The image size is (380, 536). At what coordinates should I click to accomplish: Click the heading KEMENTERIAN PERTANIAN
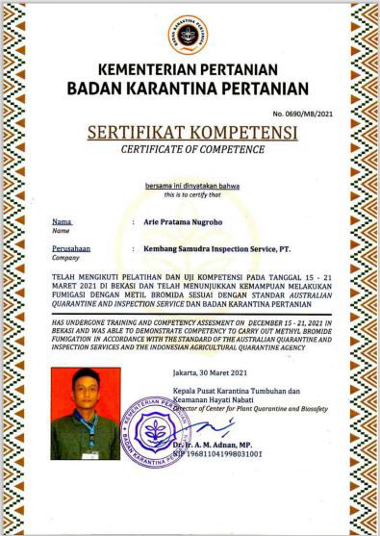190,70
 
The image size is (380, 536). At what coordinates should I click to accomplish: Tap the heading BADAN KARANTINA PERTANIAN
190,89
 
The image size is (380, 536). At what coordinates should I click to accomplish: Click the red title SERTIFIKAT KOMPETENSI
190,132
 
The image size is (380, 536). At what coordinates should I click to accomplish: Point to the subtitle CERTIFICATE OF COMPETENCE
190,149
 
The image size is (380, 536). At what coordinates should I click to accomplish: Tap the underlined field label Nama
63,221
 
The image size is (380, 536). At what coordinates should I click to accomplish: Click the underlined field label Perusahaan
71,247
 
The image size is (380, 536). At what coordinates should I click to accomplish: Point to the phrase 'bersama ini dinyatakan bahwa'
189,185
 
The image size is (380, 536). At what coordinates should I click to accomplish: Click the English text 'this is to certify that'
189,194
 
